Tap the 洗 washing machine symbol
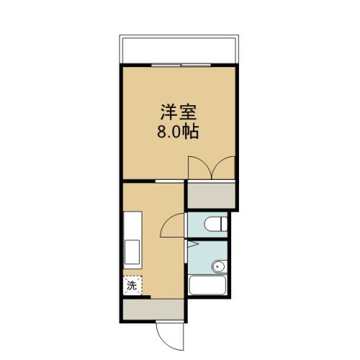click(132, 286)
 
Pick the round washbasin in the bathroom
click(218, 268)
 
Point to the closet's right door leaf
click(224, 167)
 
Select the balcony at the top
click(179, 49)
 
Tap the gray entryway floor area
click(153, 310)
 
